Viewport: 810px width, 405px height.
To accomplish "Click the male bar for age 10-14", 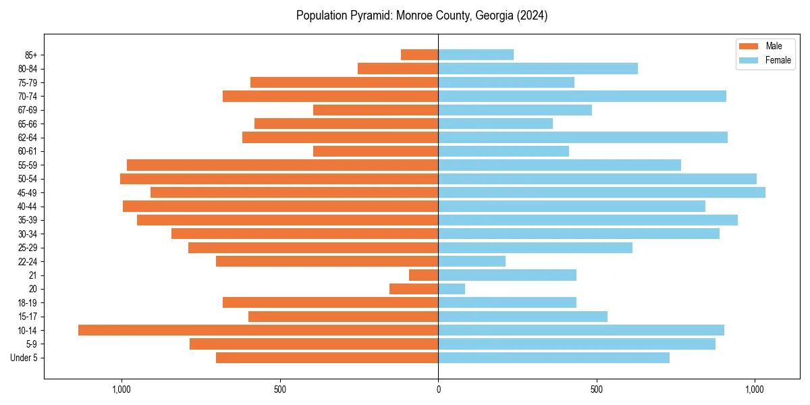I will coord(258,330).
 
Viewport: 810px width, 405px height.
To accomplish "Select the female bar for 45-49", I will coord(601,192).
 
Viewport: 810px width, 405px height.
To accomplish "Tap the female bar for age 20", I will coord(452,289).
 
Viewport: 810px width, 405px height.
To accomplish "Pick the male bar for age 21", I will coord(423,275).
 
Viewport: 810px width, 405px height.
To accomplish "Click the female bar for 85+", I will coord(476,55).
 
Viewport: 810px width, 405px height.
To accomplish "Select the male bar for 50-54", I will coord(279,179).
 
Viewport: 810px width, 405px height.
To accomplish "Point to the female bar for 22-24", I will coord(472,261).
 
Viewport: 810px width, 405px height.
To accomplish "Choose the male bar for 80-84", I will coord(398,68).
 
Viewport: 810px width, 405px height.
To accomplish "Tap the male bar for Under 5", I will coord(327,358).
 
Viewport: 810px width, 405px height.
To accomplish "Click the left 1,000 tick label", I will coord(122,389).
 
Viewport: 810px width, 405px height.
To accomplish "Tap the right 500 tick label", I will coord(596,389).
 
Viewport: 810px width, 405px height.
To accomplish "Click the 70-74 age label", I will coord(28,96).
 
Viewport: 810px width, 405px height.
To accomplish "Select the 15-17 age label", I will coord(28,317).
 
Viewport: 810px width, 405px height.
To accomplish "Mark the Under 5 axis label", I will coord(24,358).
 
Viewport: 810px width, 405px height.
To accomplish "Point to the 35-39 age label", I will coord(28,220).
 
